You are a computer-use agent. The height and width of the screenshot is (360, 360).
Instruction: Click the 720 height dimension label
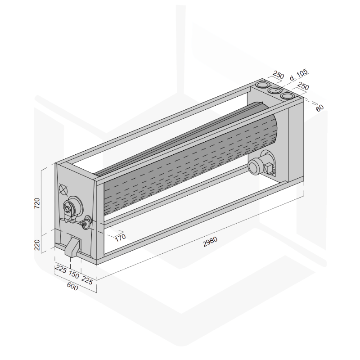click(x=37, y=203)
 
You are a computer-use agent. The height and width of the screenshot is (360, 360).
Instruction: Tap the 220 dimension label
click(x=37, y=245)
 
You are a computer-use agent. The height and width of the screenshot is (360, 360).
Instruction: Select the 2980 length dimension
click(x=210, y=242)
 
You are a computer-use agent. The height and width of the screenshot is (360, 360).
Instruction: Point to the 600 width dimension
click(x=72, y=286)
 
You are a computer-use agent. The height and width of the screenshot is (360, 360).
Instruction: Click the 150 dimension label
click(x=74, y=274)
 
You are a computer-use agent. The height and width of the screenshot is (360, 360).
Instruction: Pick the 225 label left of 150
click(x=61, y=269)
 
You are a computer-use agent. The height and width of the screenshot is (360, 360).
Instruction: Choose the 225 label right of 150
click(x=87, y=280)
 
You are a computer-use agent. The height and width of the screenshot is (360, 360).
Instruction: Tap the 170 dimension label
click(x=120, y=238)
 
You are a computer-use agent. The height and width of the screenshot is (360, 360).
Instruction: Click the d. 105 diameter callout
click(x=299, y=75)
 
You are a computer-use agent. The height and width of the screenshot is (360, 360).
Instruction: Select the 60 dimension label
click(x=319, y=108)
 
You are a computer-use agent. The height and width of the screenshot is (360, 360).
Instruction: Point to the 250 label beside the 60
click(x=303, y=86)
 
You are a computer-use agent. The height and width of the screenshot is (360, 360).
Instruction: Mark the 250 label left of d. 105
click(x=279, y=75)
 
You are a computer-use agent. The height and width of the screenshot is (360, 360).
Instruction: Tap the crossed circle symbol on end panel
click(x=63, y=189)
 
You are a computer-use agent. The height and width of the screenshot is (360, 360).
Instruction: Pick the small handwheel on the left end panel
click(x=86, y=223)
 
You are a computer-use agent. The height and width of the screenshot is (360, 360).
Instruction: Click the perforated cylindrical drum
click(x=190, y=158)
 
